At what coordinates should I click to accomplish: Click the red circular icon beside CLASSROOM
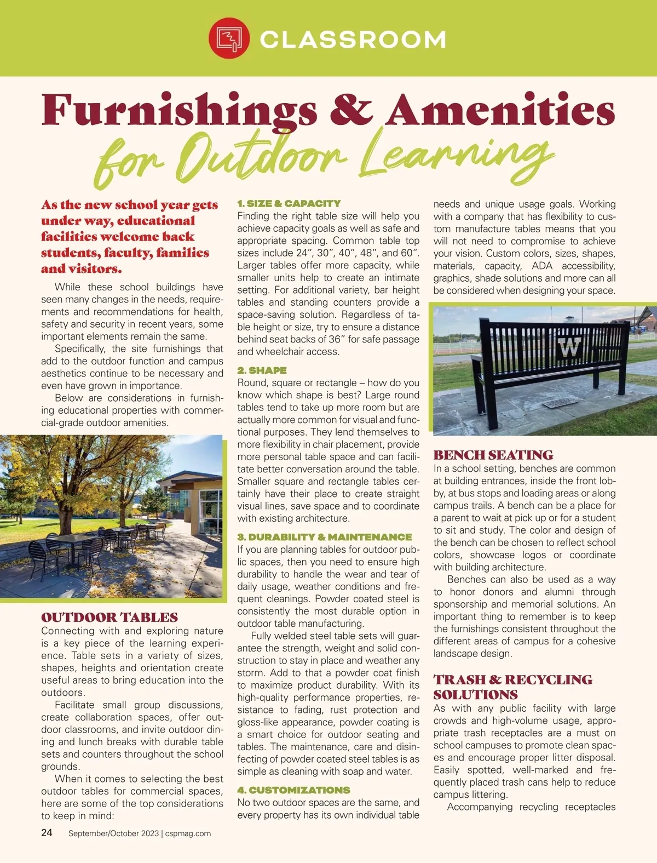point(229,39)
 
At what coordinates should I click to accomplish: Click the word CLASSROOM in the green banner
point(353,39)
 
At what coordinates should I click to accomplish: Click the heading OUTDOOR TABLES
point(109,618)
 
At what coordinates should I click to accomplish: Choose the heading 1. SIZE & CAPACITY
point(289,203)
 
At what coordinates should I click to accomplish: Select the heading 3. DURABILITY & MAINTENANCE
point(324,537)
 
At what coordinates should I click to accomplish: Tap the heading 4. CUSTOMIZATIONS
point(293,790)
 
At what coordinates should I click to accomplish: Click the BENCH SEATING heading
point(493,455)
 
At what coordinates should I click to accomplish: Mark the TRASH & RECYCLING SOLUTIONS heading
point(512,687)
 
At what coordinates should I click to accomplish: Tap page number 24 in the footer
point(47,833)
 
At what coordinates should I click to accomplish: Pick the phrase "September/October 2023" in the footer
point(113,833)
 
